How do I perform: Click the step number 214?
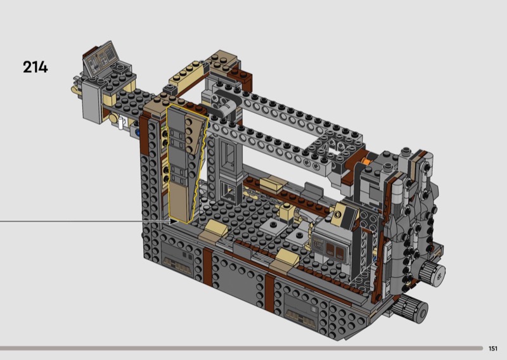tap(35, 67)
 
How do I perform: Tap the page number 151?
tap(493, 349)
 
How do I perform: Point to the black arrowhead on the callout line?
tap(174, 222)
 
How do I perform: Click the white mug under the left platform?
tap(121, 122)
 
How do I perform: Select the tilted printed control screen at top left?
tap(101, 58)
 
